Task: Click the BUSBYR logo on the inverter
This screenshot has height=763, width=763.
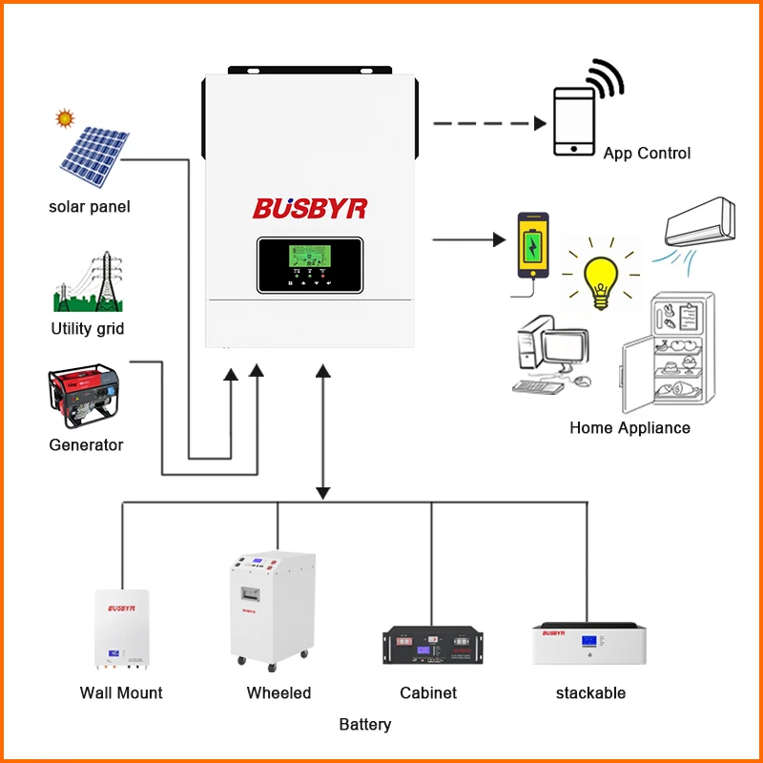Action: pos(309,208)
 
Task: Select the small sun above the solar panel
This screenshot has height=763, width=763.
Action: pos(65,119)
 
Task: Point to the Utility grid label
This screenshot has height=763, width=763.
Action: pos(88,329)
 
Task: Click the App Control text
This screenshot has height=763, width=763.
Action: pos(647,153)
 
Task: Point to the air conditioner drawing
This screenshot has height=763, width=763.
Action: pos(700,224)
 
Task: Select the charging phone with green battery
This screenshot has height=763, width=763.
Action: pos(533,245)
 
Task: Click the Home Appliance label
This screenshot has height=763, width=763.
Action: pos(629,427)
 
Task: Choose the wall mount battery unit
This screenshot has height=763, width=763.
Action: pos(121,629)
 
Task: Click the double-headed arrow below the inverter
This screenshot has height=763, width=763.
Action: pos(323,430)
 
